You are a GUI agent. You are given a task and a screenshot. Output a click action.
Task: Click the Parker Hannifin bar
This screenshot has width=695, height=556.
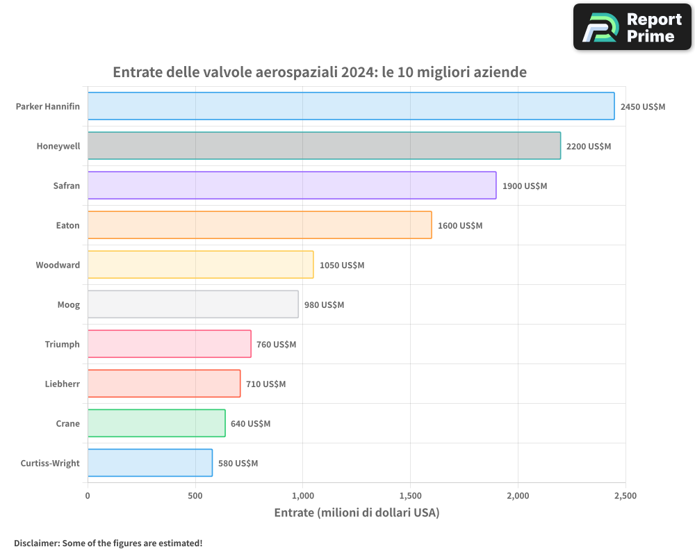coord(351,106)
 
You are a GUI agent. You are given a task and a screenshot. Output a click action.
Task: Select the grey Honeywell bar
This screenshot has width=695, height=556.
coord(324,146)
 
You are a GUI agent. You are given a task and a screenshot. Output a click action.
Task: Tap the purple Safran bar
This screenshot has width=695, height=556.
coord(292,186)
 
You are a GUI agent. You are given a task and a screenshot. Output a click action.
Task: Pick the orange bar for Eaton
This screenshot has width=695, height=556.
coord(259,225)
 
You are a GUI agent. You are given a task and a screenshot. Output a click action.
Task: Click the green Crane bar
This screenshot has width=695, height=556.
coord(156,423)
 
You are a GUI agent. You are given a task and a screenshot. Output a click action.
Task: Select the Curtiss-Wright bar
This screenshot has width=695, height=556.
coord(150,463)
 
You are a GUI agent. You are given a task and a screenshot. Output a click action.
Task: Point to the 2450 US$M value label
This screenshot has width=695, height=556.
coord(642,107)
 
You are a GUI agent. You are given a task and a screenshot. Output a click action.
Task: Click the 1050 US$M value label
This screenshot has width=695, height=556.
coord(341,265)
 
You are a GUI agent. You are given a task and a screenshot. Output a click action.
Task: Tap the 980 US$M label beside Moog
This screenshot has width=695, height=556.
coord(324,305)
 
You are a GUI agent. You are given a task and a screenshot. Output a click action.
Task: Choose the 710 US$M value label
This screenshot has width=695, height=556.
coord(265,384)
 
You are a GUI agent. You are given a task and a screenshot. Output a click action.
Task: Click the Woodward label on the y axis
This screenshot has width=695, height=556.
coord(58,265)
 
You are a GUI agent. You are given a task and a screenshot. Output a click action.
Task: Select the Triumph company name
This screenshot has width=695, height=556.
coord(62,345)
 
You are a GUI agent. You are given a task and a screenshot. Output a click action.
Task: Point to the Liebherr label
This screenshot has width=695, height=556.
coord(62,384)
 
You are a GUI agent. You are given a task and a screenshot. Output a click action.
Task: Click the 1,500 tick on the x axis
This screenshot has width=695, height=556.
coord(410,496)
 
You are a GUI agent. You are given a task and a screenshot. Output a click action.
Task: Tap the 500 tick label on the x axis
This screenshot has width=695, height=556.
coord(195,496)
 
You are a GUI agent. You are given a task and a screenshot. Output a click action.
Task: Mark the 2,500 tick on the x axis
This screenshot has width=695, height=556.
coord(625,496)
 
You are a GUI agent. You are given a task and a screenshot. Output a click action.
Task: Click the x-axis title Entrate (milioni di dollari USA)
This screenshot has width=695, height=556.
coord(357,513)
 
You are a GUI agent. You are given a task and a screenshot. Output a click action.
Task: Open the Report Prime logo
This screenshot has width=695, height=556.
coord(632,27)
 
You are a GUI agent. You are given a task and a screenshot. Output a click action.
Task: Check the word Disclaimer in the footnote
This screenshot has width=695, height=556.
coord(36,543)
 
